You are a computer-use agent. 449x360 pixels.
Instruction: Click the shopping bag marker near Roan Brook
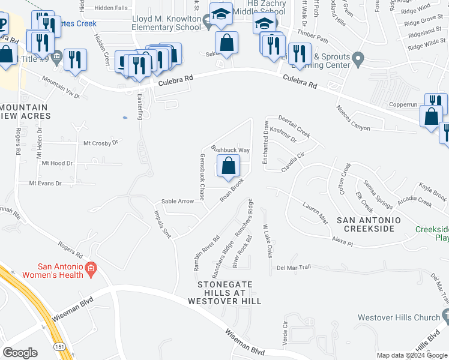[x=229, y=166]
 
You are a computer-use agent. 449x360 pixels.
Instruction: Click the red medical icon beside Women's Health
[x=91, y=268]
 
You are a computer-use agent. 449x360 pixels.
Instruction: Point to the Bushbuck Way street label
[x=229, y=149]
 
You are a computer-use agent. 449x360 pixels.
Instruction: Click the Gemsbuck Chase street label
[x=202, y=176]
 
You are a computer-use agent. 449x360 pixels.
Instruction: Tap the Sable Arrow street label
[x=178, y=202]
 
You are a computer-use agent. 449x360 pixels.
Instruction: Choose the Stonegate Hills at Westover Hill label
[x=230, y=292]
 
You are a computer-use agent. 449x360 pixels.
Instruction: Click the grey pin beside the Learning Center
[x=358, y=60]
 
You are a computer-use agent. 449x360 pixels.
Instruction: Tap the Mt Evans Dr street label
[x=41, y=183]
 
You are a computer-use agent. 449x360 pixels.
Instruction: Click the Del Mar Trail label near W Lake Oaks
[x=294, y=267]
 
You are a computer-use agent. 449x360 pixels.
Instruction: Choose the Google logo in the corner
[x=20, y=353]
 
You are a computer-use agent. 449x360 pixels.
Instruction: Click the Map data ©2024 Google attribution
[x=411, y=355]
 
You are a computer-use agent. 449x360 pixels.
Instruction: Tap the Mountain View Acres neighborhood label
[x=24, y=111]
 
